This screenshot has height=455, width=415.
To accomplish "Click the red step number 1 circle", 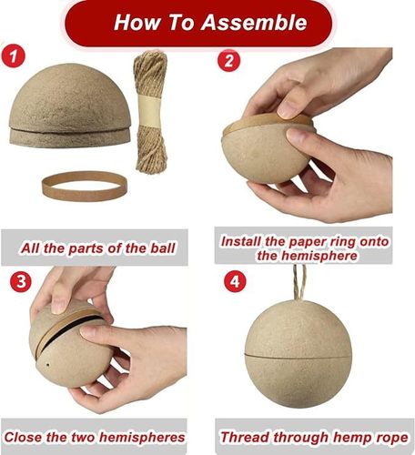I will tap(15, 56).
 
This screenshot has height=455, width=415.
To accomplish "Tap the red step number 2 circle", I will tap(229, 61).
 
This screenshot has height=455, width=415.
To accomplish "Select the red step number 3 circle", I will tap(21, 281).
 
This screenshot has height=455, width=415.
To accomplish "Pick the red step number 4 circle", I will tap(233, 281).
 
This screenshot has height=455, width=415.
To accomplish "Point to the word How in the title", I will tap(137, 22).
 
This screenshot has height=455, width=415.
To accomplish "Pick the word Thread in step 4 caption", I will tap(249, 438).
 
